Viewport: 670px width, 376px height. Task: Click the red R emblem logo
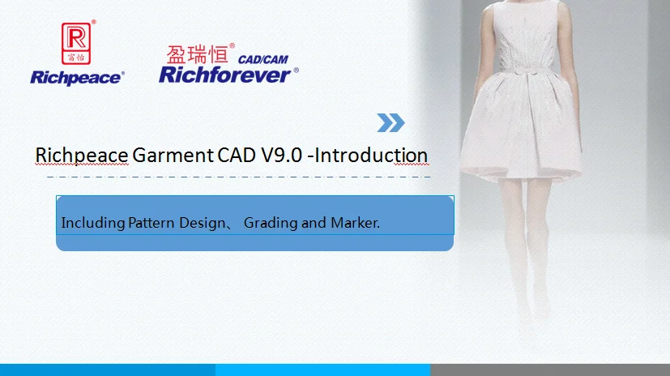click(76, 43)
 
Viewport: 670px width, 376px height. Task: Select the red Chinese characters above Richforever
click(197, 54)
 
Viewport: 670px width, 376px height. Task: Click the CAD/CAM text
click(262, 59)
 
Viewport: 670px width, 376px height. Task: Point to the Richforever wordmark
click(225, 75)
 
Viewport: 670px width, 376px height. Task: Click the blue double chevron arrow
click(390, 122)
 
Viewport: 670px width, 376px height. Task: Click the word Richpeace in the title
click(82, 155)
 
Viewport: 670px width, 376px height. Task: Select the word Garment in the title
click(173, 155)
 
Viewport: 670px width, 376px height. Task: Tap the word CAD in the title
click(237, 155)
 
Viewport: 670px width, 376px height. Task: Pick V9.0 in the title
click(282, 155)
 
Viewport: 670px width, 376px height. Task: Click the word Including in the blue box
click(92, 223)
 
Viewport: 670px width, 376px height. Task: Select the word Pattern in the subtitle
click(151, 223)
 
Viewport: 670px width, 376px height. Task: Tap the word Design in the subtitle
click(202, 223)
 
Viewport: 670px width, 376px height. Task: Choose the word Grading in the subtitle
click(271, 223)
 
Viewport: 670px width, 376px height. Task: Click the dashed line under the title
click(238, 177)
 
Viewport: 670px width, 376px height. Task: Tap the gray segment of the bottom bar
click(550, 370)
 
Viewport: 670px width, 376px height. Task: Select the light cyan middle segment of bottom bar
click(322, 370)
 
